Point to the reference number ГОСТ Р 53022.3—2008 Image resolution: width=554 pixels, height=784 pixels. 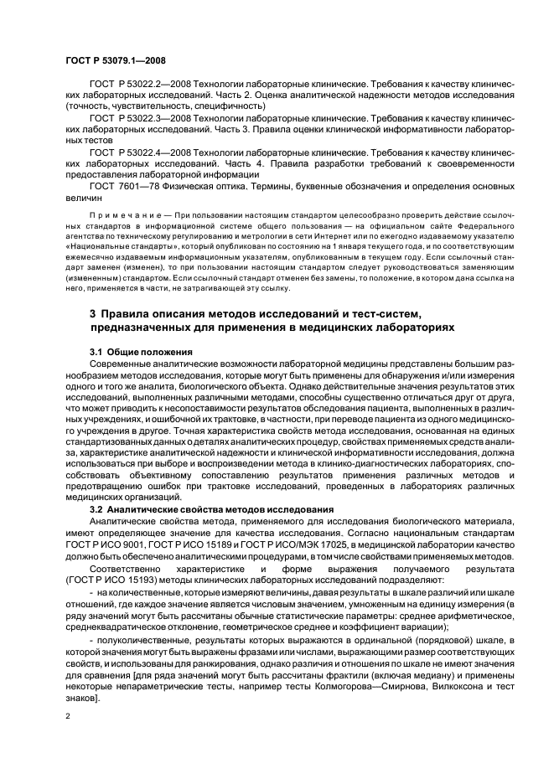point(139,120)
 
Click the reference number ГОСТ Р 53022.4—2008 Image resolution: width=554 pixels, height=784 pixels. point(139,153)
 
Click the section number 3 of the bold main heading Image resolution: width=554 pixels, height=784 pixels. point(93,313)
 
